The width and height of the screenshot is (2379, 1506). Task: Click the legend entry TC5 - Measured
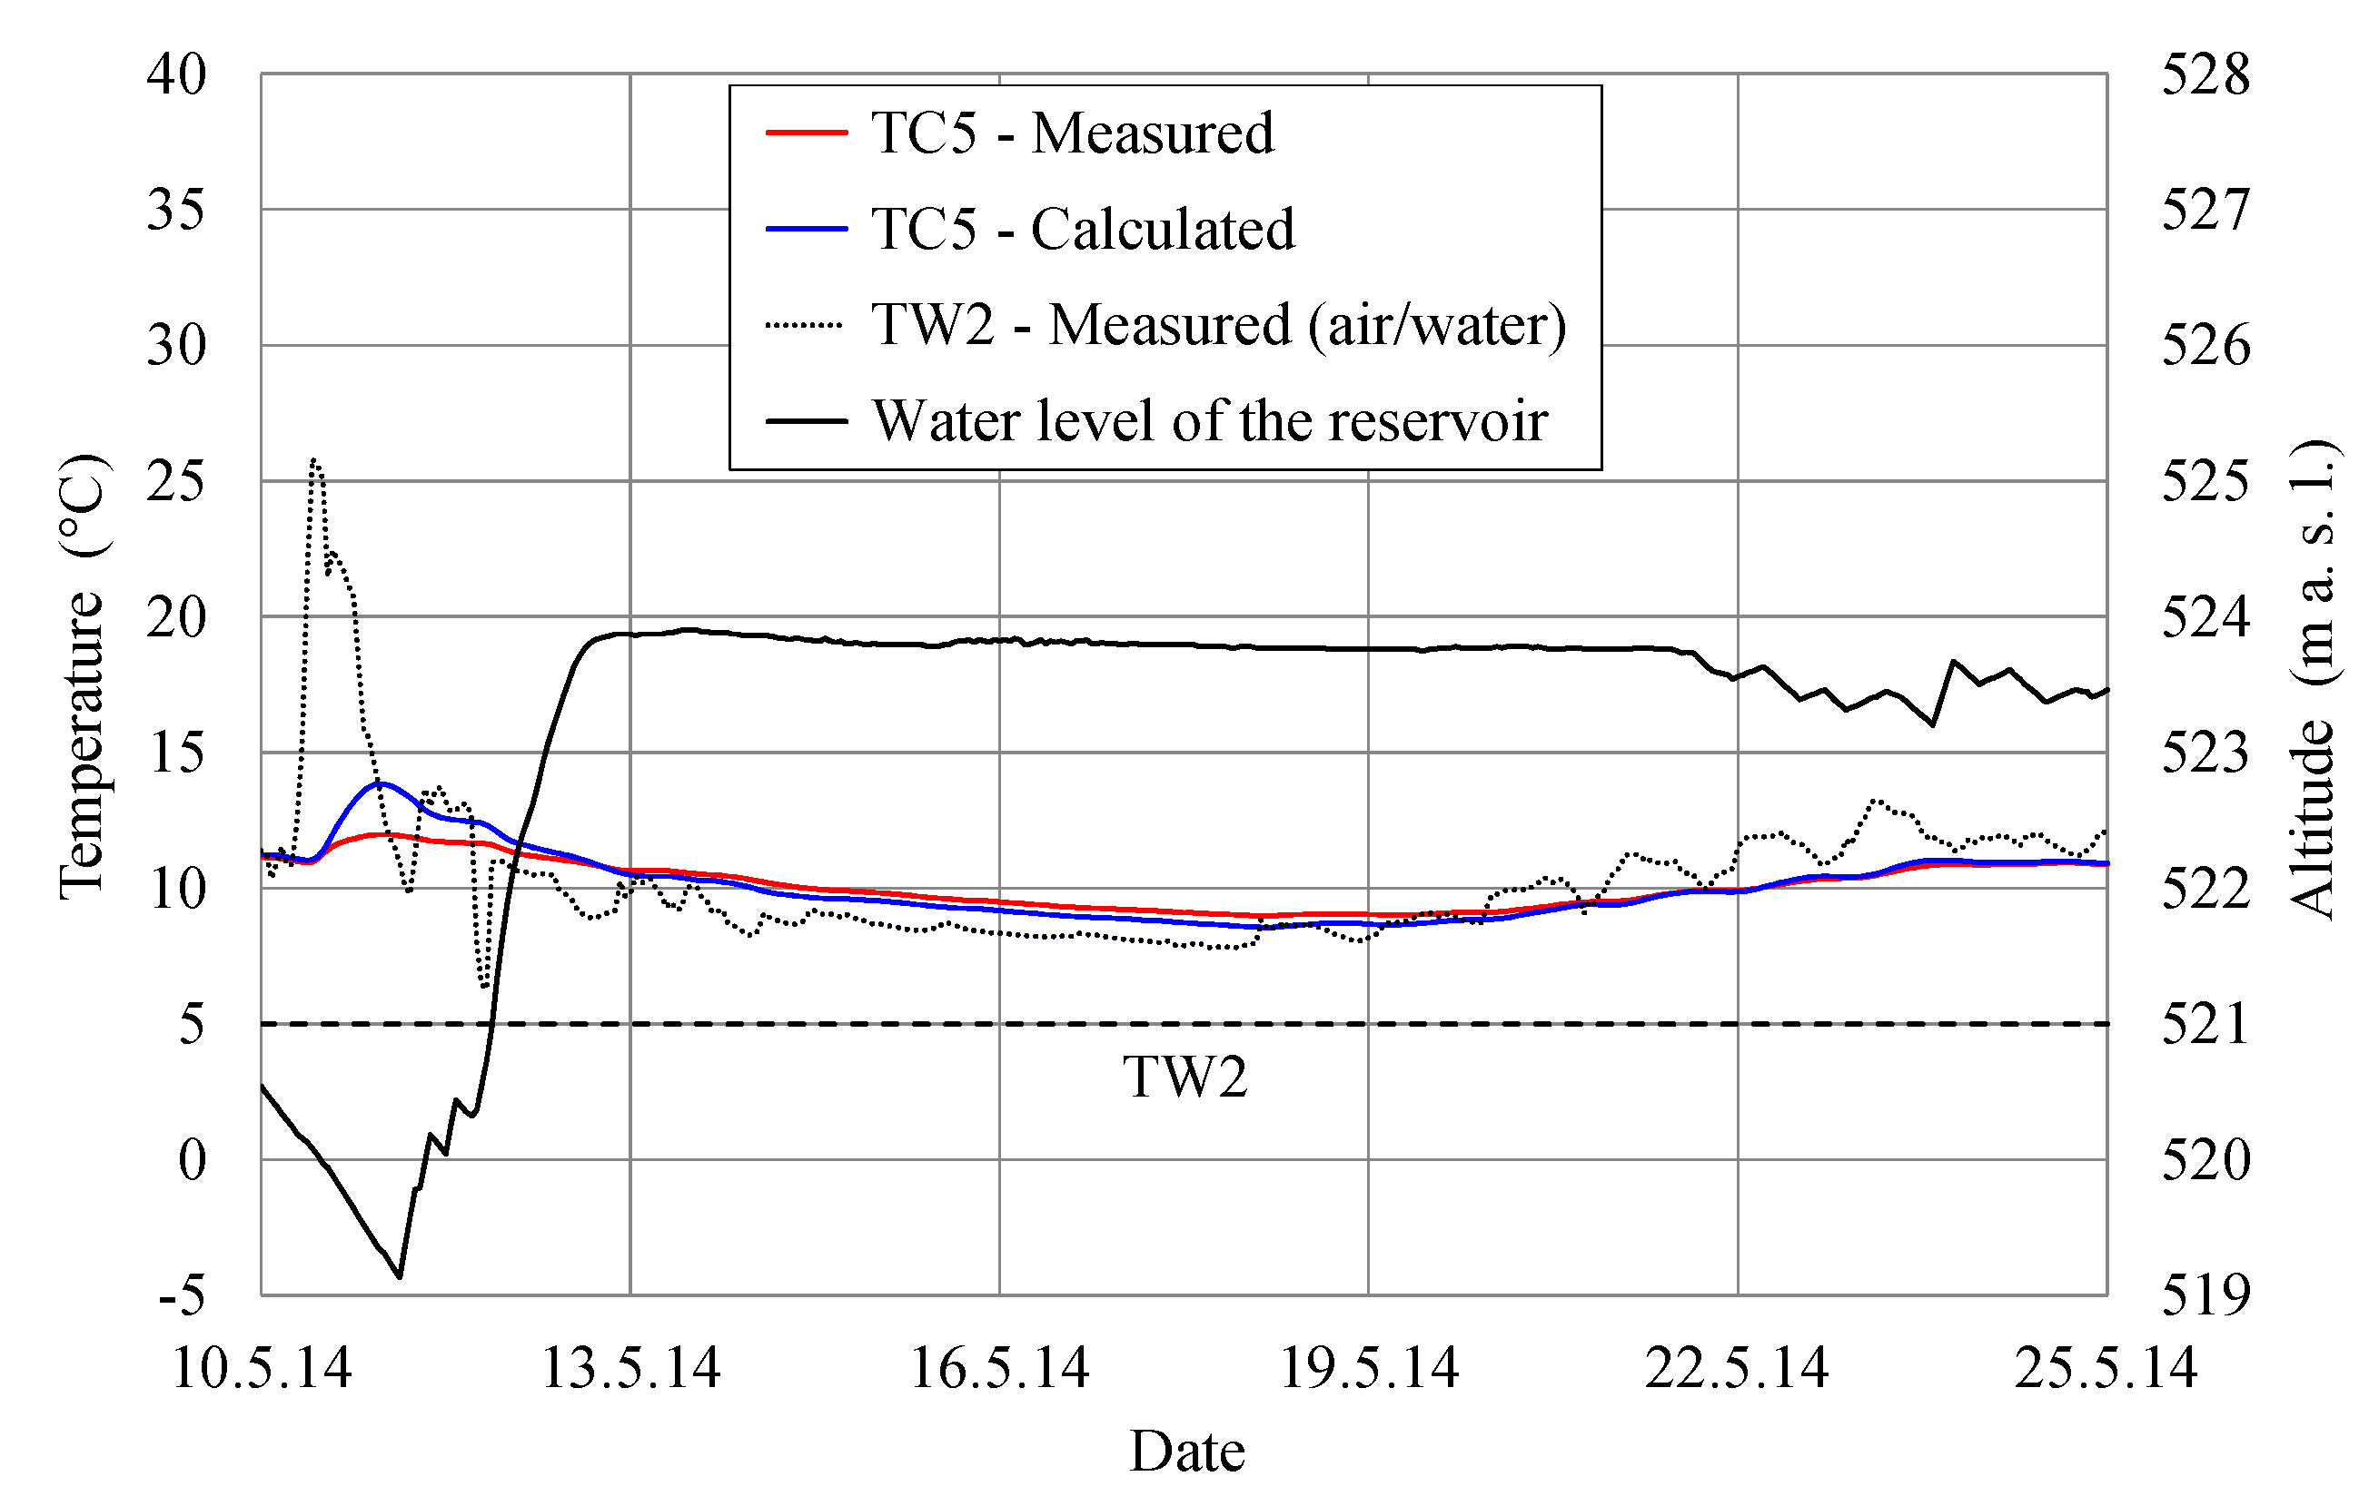(x=1071, y=133)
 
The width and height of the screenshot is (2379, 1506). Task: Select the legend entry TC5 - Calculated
(x=1082, y=229)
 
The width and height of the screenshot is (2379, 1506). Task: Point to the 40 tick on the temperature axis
(x=176, y=74)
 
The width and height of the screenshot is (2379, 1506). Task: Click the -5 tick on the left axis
(x=182, y=1294)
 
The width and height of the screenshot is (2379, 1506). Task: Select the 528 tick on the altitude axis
(x=2206, y=74)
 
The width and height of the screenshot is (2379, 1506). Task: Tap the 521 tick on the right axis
(x=2206, y=1024)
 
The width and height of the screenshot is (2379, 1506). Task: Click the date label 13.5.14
(x=630, y=1369)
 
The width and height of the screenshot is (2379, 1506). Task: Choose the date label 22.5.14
(x=1736, y=1369)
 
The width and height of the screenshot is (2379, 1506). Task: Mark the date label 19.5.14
(x=1368, y=1369)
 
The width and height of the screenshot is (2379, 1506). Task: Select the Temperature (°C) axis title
(x=81, y=676)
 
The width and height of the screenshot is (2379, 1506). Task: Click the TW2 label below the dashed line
(x=1185, y=1077)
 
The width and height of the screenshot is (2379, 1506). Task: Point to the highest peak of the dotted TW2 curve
(x=313, y=460)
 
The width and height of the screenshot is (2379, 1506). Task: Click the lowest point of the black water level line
(x=399, y=1277)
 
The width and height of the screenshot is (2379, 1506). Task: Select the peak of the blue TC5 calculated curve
(x=382, y=783)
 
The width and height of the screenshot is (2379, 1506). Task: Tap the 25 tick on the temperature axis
(x=176, y=481)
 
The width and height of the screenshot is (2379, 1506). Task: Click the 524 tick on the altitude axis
(x=2206, y=617)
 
